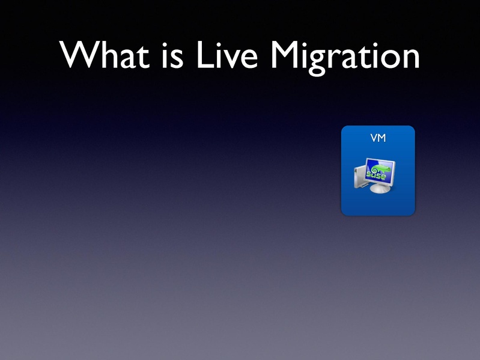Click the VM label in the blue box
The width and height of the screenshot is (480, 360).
378,138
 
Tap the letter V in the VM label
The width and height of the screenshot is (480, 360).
374,138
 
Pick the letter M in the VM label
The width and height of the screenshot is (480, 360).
381,138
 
